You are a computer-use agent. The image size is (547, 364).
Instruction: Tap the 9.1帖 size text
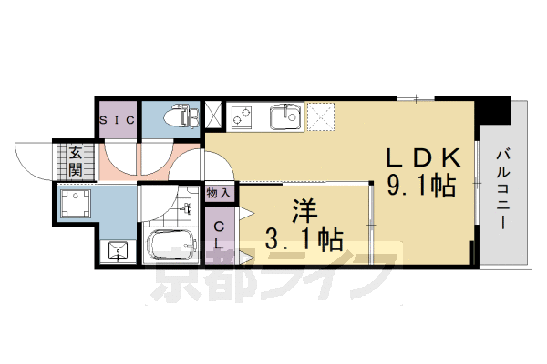click(420, 187)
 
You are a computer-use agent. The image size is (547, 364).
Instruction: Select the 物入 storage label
click(219, 192)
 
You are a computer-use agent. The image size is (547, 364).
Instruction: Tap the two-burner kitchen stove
click(244, 116)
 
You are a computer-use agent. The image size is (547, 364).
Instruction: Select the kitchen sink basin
click(285, 116)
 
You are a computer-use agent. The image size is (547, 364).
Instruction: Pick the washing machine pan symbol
click(75, 203)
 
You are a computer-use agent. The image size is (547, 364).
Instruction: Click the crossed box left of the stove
click(213, 116)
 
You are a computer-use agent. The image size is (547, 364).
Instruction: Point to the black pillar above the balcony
click(495, 109)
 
